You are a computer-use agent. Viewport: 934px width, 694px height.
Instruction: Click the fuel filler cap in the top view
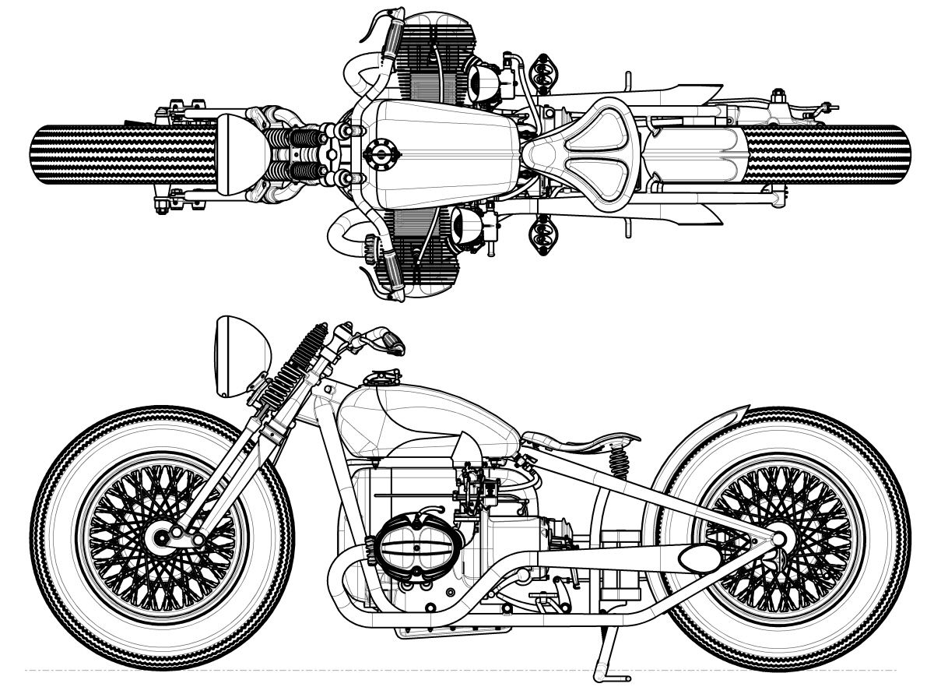point(382,154)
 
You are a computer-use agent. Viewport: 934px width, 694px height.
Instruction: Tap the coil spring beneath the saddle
point(620,466)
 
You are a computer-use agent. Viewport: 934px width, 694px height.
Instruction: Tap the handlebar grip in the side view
point(389,340)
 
